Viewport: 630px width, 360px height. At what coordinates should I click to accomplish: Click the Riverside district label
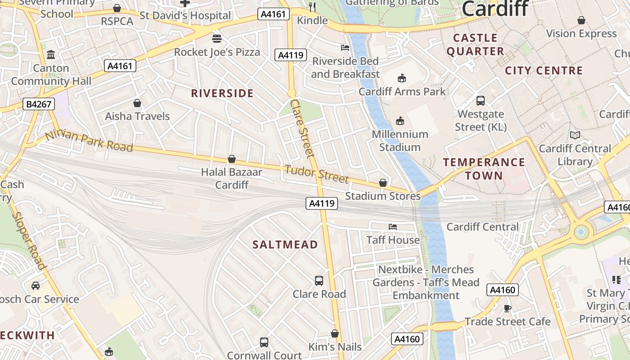pyautogui.click(x=222, y=93)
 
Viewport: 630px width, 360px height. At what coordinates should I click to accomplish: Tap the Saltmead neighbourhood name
pyautogui.click(x=285, y=244)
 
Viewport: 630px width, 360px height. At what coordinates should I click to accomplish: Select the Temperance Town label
pyautogui.click(x=484, y=169)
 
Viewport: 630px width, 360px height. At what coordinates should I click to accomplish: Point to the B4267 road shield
pyautogui.click(x=39, y=104)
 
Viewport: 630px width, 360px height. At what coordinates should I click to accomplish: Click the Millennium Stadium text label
pyautogui.click(x=400, y=140)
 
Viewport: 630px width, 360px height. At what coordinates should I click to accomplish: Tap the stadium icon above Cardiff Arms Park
pyautogui.click(x=402, y=78)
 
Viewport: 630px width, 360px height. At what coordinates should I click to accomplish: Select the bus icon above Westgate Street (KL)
pyautogui.click(x=481, y=101)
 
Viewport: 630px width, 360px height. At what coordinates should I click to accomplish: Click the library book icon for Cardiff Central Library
pyautogui.click(x=575, y=135)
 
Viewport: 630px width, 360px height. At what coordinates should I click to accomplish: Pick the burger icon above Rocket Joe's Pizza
pyautogui.click(x=217, y=39)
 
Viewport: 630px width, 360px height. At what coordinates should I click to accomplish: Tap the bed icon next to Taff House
pyautogui.click(x=393, y=226)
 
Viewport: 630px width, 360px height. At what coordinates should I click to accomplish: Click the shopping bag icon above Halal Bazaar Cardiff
pyautogui.click(x=232, y=159)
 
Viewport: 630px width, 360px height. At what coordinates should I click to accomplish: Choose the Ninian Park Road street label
pyautogui.click(x=89, y=141)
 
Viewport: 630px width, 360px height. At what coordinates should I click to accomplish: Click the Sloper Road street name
pyautogui.click(x=29, y=240)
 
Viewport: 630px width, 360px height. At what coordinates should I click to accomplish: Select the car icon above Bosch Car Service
pyautogui.click(x=35, y=286)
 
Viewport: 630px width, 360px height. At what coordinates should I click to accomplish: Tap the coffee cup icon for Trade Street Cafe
pyautogui.click(x=508, y=308)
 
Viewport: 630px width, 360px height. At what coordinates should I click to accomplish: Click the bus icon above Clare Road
pyautogui.click(x=319, y=281)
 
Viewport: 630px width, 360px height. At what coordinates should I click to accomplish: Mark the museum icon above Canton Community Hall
pyautogui.click(x=51, y=55)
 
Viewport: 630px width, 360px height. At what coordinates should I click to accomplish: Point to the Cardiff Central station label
pyautogui.click(x=482, y=227)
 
